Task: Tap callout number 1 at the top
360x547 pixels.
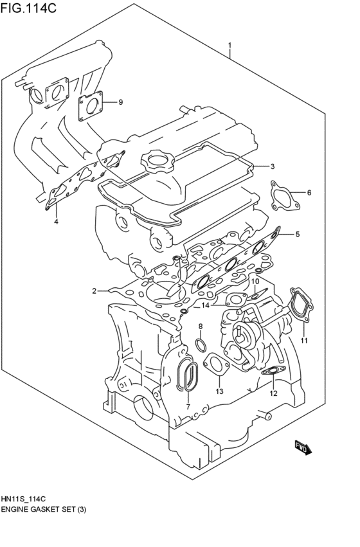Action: (230, 46)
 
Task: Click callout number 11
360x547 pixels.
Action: (305, 340)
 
